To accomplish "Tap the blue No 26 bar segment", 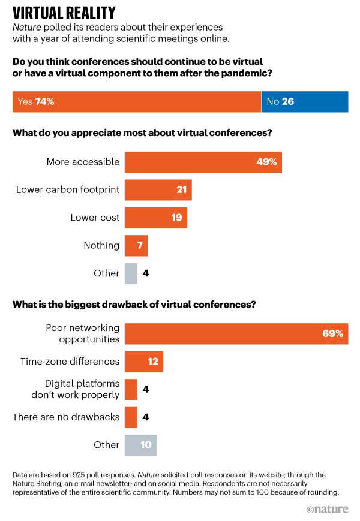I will pos(304,101).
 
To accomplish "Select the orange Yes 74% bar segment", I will pos(137,101).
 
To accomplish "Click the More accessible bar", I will pos(203,162).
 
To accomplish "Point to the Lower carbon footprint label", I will pos(68,190).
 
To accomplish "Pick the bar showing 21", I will pos(158,190).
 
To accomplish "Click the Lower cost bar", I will pos(155,218).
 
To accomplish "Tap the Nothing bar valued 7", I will pos(136,245).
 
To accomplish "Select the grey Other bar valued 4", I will pos(130,273).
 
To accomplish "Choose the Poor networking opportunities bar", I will pos(236,334).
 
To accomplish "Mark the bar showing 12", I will pos(143,362).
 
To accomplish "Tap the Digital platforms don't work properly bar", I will pos(130,389).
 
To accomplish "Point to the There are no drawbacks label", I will pos(66,417).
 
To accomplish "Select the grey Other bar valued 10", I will pos(140,445).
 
